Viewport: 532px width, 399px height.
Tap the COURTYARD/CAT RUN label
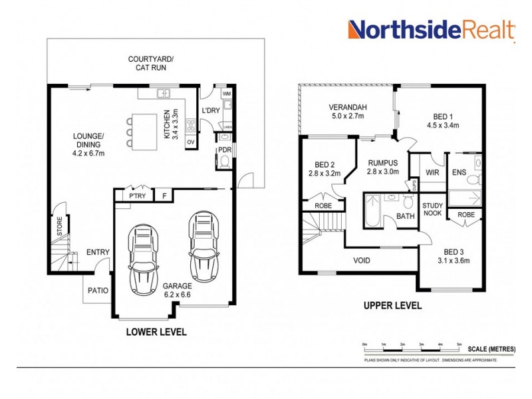151,64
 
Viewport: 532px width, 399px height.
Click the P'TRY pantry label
138,196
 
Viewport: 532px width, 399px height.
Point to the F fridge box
164,196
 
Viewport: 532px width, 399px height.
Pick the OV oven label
190,142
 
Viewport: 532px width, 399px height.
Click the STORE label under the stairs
59,225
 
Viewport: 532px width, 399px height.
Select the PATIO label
98,290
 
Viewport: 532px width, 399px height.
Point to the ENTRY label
98,252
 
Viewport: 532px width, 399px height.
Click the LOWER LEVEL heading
157,331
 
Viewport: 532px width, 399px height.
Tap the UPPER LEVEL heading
392,306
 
